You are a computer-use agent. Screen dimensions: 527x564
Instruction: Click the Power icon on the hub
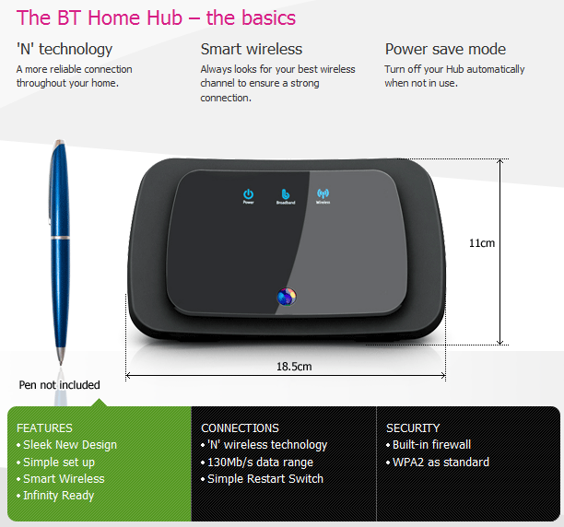pos(248,194)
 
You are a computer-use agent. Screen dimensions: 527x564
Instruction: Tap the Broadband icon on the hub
pos(285,195)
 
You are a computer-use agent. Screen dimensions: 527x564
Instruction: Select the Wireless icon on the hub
pos(323,194)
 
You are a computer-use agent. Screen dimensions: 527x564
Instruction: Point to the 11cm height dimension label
pos(482,243)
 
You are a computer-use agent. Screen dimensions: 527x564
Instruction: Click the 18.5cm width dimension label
pos(294,366)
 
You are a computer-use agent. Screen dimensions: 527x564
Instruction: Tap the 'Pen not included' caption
pos(60,385)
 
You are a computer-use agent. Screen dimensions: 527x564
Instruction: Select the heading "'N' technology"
pos(65,49)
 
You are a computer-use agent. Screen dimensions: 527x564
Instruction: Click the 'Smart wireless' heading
pos(252,49)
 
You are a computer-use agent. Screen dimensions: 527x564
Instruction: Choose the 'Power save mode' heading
pos(445,49)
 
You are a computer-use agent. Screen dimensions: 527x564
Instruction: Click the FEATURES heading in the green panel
pos(44,427)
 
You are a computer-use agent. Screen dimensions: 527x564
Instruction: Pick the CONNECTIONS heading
pos(240,427)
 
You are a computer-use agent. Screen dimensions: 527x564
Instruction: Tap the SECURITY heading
pos(413,427)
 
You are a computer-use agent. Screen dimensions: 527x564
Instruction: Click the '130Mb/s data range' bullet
pos(260,463)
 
